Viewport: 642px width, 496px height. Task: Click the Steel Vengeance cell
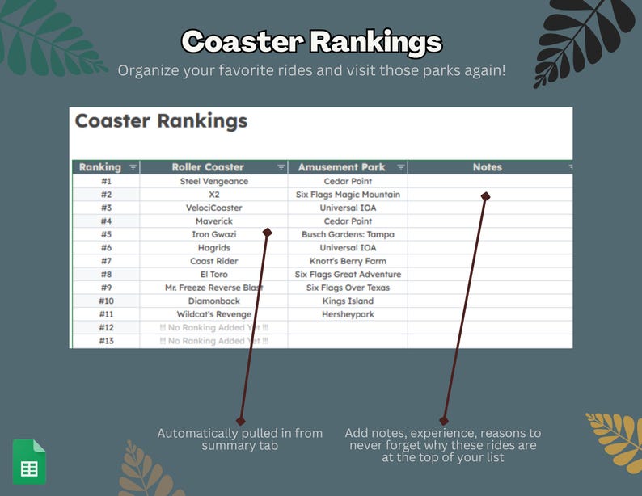213,181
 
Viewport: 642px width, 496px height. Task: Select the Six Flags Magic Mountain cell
348,195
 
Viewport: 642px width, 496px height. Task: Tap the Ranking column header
99,167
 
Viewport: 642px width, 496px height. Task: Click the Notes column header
487,167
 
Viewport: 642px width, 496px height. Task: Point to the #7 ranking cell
106,261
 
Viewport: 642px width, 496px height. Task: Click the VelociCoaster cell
213,208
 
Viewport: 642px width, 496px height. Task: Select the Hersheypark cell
348,314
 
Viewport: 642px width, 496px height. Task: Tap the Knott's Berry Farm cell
348,261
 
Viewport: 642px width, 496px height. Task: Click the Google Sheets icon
29,461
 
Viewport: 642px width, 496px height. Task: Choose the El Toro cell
213,275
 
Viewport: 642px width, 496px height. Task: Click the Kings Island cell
348,301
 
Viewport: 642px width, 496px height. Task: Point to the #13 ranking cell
106,341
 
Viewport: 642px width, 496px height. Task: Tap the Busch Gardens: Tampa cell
348,234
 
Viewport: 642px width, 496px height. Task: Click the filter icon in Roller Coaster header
281,167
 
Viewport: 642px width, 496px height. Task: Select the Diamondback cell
213,301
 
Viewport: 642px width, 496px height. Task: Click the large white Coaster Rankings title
311,41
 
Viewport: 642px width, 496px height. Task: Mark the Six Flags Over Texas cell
348,288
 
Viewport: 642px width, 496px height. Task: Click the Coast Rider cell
213,261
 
